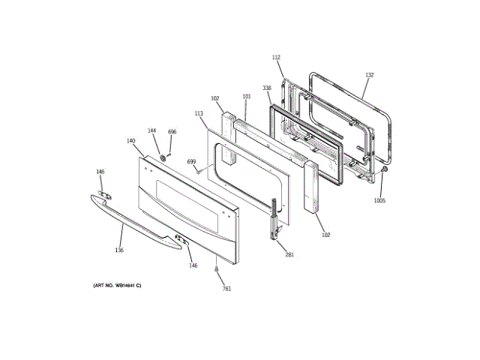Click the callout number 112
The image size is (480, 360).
point(276,58)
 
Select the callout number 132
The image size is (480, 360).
point(369,75)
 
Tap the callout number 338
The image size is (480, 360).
point(266,88)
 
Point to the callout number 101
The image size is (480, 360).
point(247,97)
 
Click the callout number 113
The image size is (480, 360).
point(199,113)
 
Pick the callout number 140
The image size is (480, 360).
point(130,141)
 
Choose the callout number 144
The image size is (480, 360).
point(151,130)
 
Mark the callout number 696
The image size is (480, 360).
point(172,132)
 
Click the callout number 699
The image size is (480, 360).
point(191,162)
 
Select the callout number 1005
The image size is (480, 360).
point(380,200)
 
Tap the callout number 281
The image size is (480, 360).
point(289,255)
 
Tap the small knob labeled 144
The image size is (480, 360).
point(161,158)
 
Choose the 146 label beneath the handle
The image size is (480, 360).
point(193,265)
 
